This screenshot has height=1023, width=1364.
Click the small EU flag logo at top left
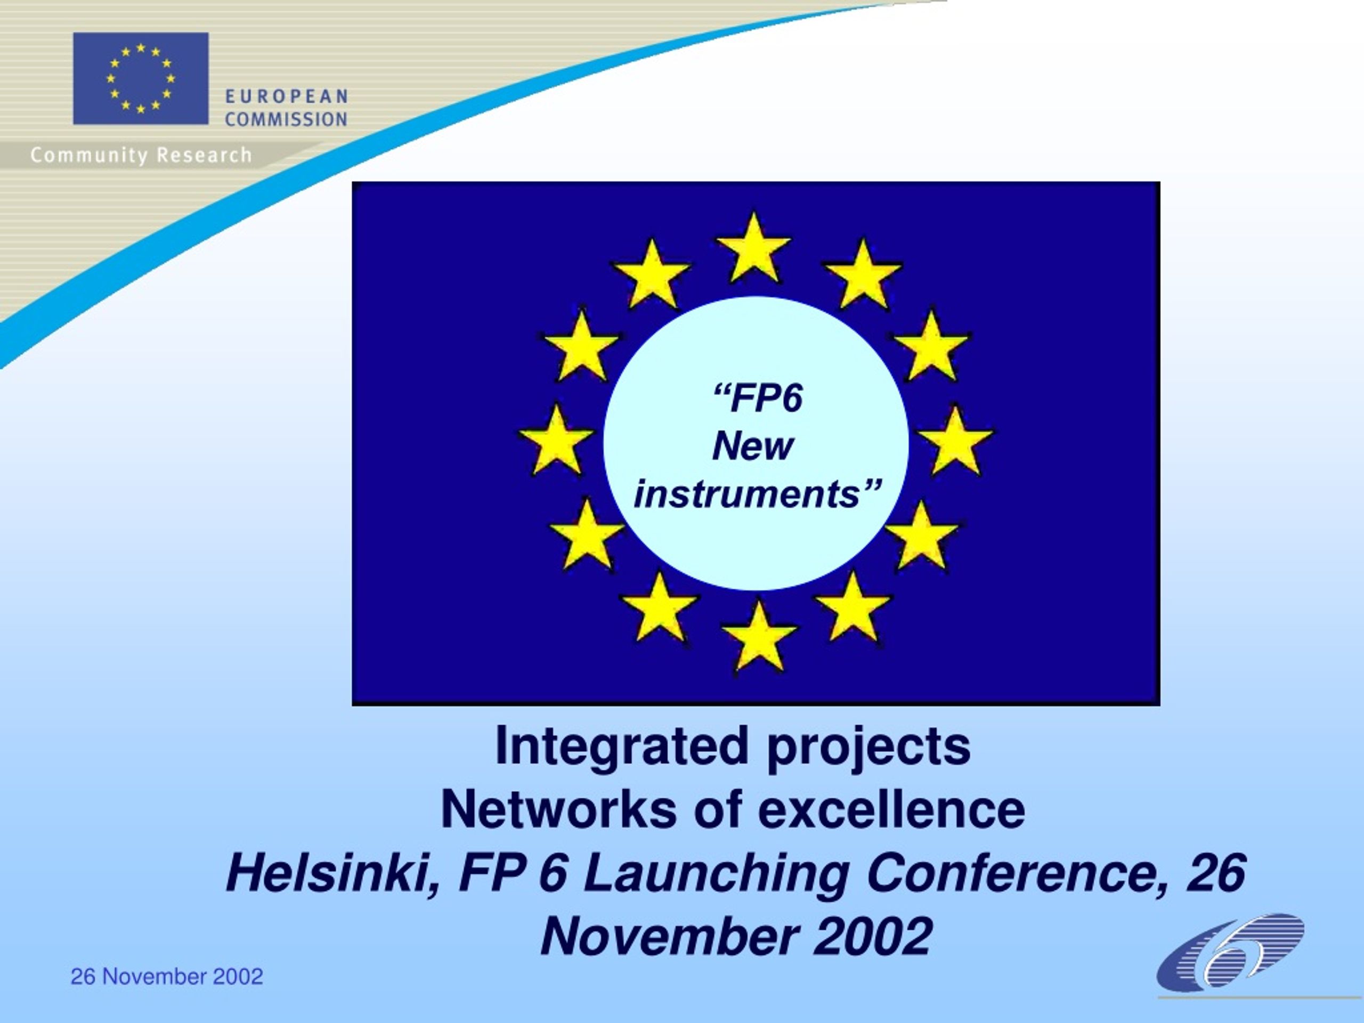coord(141,78)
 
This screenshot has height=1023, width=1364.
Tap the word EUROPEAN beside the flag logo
coord(286,97)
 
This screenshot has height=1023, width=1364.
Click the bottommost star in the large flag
coord(759,638)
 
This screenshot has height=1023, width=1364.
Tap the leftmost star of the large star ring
coord(556,442)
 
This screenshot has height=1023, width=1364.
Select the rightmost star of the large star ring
coord(955,442)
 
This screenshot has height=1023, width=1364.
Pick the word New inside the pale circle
coord(752,446)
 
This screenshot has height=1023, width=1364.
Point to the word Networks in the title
coord(559,810)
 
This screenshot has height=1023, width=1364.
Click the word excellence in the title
coord(891,810)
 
